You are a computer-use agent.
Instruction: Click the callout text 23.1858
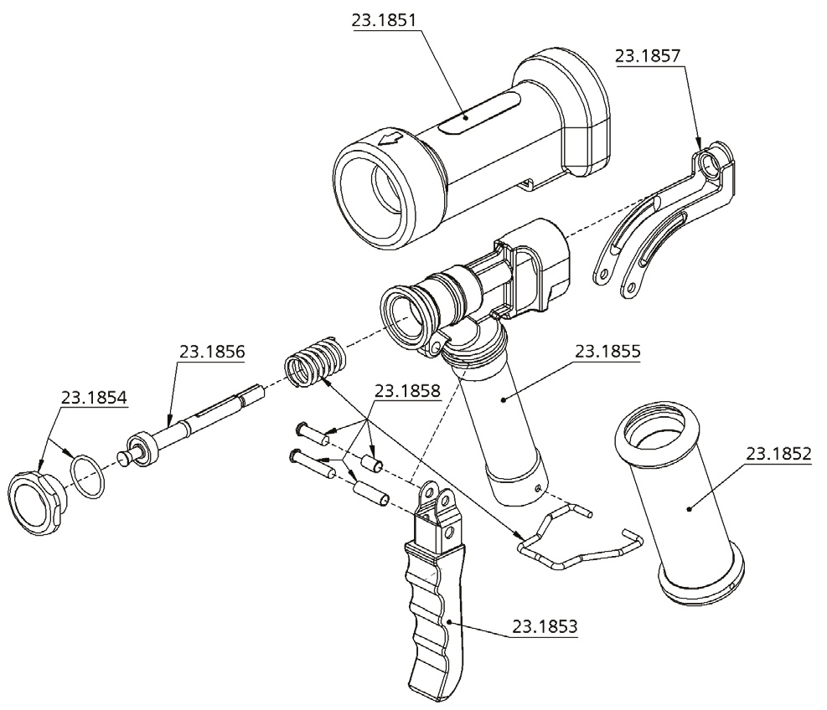[x=407, y=390]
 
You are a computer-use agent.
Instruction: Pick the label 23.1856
[x=211, y=352]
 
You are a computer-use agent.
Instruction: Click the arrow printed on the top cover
[x=390, y=141]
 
